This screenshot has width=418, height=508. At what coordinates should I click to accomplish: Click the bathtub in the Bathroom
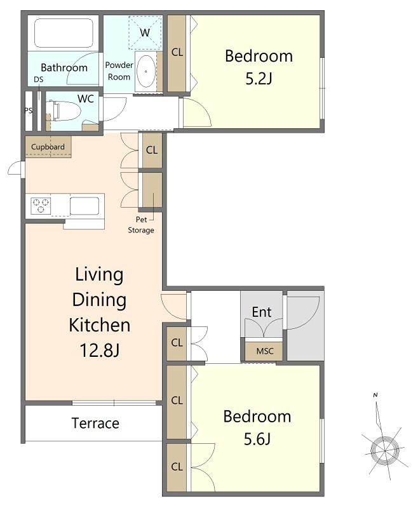coord(64,33)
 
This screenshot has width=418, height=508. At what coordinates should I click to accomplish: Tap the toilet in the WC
coord(64,111)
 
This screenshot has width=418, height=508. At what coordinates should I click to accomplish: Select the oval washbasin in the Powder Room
coord(146,71)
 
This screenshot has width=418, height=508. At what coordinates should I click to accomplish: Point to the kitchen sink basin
coord(84,206)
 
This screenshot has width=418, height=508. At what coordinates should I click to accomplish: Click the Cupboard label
coord(48,147)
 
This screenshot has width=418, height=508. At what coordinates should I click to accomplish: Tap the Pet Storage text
coord(141,225)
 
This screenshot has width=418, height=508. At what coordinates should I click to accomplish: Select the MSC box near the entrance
coord(264,351)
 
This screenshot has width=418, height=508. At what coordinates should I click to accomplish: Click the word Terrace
coord(95,423)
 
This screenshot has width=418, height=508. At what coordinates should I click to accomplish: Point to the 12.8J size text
coord(100,350)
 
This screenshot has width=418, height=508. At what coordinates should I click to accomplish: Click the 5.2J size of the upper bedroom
coord(259,78)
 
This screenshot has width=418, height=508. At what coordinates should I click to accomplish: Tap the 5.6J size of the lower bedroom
coord(257,439)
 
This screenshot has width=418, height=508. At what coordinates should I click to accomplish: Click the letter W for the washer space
coord(145,32)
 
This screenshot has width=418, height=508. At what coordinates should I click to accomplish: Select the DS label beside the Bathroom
coord(38,80)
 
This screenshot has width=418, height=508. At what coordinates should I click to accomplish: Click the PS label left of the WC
coord(29,110)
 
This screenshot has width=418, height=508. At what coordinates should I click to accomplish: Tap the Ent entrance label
coord(262,312)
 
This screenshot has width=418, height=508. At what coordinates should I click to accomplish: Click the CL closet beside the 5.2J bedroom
coord(177,53)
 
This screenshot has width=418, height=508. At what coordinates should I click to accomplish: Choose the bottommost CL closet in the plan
coord(177,467)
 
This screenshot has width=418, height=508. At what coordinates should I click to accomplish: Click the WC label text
coord(86,99)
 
